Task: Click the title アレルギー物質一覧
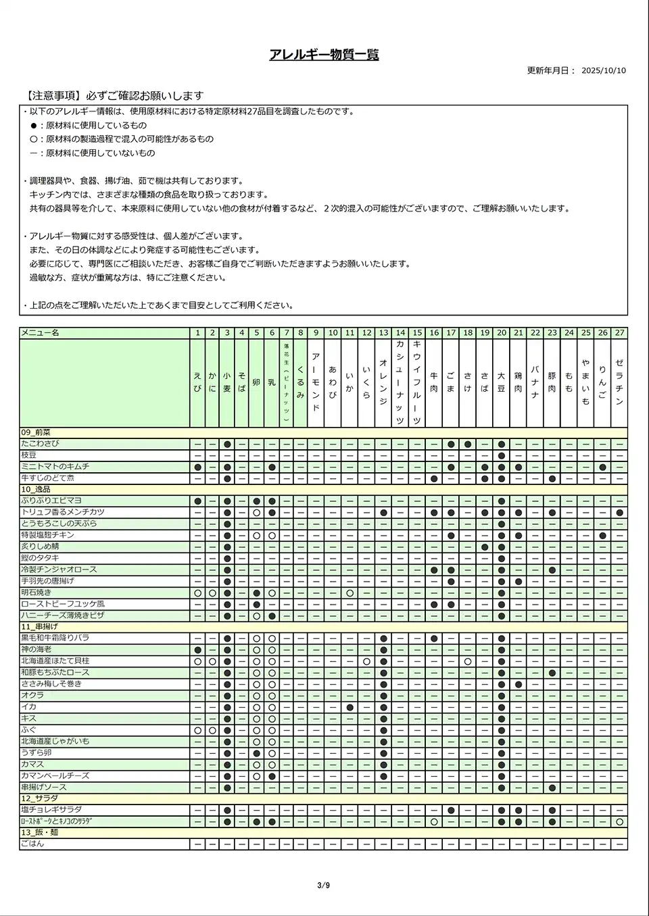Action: (x=324, y=55)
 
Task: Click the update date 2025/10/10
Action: (x=603, y=70)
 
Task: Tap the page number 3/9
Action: (x=323, y=886)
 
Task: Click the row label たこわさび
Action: (x=40, y=444)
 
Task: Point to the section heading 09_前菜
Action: (x=36, y=432)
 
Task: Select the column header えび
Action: (x=197, y=382)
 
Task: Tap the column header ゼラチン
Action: (x=619, y=382)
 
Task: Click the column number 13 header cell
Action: (x=383, y=333)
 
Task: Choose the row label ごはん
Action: (x=32, y=844)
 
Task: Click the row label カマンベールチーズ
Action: (x=55, y=775)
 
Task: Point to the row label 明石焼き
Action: (x=36, y=592)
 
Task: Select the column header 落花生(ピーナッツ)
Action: (x=286, y=382)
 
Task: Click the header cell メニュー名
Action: (x=40, y=333)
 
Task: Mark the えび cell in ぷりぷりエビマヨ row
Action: (x=197, y=501)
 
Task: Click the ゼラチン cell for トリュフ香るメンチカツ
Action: (x=619, y=513)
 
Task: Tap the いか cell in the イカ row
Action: (x=350, y=707)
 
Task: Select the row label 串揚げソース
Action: (x=43, y=787)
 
